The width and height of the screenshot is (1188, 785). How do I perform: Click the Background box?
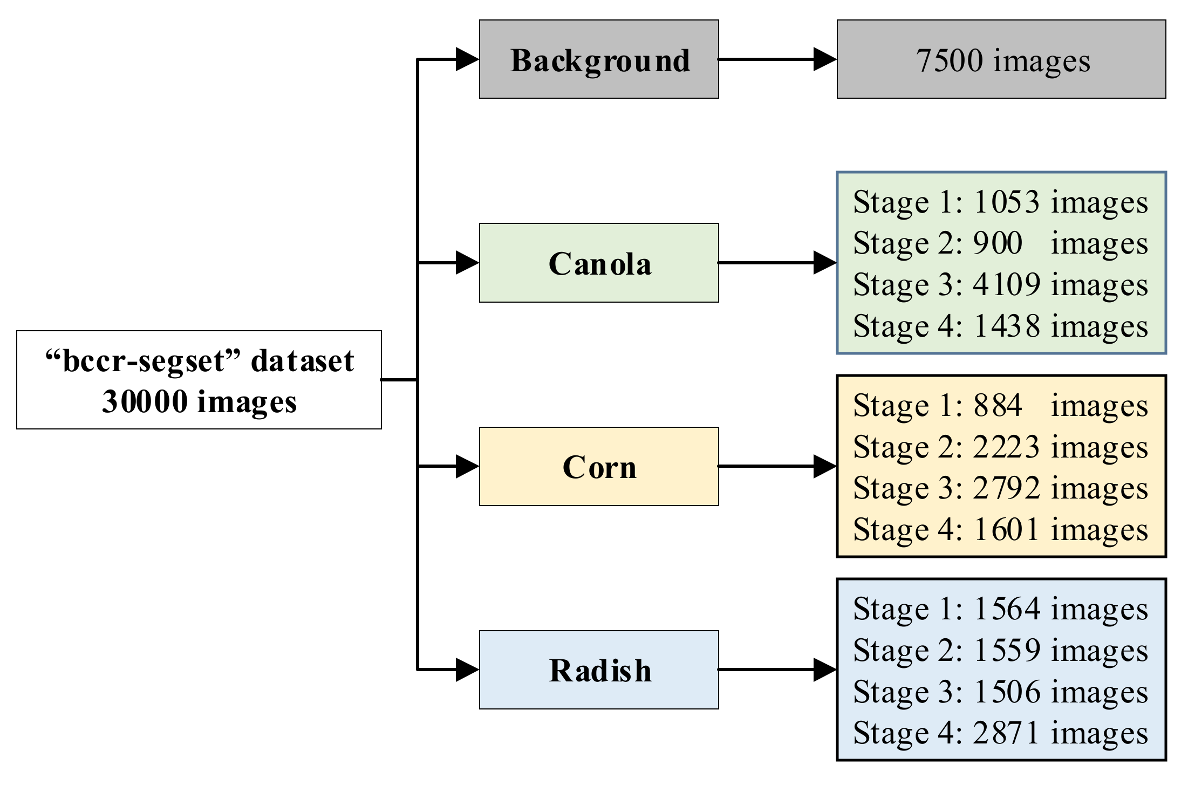599,59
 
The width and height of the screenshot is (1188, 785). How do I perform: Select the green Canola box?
599,263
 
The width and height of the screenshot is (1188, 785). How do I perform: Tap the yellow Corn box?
599,467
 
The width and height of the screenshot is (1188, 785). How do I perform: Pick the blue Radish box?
599,670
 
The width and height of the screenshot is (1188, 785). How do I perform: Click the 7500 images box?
1001,59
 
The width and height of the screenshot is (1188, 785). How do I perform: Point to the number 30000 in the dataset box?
145,402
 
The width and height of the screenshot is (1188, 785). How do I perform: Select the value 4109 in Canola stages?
1006,284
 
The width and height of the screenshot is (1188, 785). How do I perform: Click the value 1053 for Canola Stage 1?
1006,202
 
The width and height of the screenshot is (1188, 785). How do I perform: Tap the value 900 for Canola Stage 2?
998,243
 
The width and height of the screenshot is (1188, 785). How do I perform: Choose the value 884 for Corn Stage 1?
998,405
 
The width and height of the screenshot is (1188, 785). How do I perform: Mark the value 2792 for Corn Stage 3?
1006,488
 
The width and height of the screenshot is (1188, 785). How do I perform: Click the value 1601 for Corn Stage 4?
1006,529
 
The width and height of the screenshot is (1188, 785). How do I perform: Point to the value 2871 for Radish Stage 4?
1006,733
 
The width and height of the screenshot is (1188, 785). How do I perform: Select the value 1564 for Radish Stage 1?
1006,609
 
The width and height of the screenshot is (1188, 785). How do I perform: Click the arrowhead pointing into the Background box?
467,59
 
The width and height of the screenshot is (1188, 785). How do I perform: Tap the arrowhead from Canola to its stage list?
824,263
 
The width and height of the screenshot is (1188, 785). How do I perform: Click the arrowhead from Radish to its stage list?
824,670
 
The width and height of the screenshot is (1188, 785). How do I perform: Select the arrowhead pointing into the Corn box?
467,467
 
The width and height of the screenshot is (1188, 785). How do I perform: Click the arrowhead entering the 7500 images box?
824,59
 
